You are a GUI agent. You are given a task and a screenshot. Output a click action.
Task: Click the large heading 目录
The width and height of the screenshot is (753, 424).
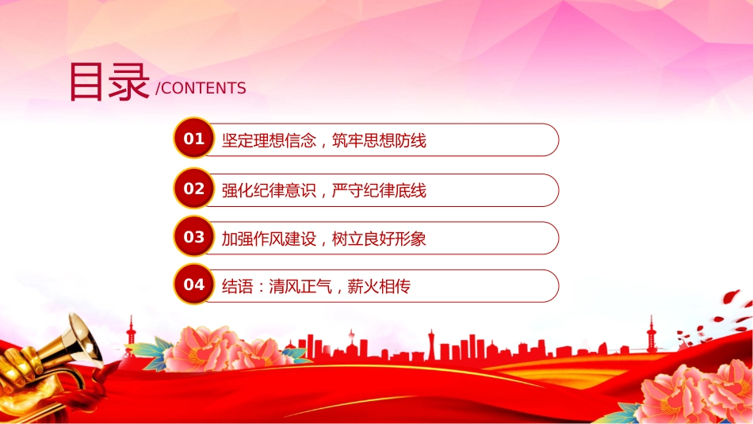[109, 82]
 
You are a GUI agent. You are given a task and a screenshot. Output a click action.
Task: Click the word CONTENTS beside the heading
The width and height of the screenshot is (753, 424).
[204, 88]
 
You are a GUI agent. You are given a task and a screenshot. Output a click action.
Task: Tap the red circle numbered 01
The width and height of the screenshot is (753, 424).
[194, 138]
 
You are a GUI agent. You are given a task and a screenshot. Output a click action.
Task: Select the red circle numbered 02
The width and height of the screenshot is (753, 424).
[194, 189]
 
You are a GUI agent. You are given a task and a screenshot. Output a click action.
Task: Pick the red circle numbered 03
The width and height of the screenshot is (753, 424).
[194, 236]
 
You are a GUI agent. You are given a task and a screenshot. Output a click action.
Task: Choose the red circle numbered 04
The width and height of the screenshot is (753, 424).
[194, 285]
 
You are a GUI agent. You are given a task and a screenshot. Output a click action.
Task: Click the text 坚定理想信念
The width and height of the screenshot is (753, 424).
[269, 141]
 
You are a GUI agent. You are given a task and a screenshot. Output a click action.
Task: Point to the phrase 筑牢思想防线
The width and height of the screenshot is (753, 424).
[379, 141]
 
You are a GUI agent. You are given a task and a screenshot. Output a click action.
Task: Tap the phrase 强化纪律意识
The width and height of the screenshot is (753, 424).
[269, 191]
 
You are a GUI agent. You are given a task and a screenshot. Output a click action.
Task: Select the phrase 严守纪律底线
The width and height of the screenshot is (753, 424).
[379, 191]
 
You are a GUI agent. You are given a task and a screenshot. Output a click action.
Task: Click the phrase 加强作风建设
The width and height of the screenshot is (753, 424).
[269, 239]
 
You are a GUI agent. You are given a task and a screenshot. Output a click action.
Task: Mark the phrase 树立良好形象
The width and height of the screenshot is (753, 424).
[379, 239]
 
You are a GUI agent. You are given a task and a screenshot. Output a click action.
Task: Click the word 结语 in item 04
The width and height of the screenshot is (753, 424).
[237, 287]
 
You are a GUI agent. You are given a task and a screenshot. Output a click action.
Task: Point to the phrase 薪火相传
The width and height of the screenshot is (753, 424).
[379, 287]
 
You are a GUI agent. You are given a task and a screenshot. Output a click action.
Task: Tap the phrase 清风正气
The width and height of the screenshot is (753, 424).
[300, 287]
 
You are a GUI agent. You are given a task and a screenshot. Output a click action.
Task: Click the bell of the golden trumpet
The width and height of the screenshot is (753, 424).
[86, 338]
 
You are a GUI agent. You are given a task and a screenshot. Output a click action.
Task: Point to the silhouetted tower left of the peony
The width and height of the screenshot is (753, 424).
[131, 333]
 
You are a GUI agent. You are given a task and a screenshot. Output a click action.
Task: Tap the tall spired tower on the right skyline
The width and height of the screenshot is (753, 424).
[651, 333]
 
